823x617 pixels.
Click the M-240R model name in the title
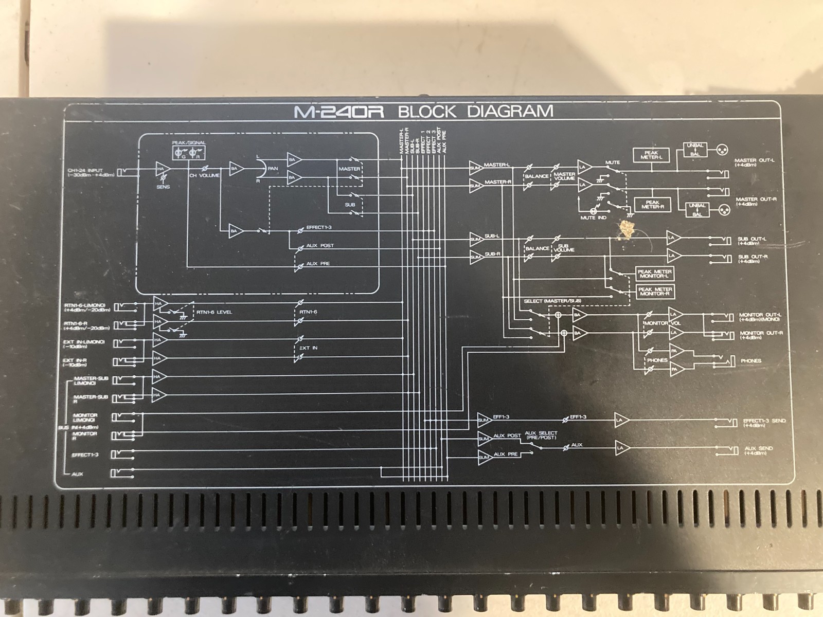pyautogui.click(x=339, y=112)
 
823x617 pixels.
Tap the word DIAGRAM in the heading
pyautogui.click(x=510, y=111)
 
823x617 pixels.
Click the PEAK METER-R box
pyautogui.click(x=652, y=205)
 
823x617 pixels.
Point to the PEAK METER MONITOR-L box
pyautogui.click(x=654, y=274)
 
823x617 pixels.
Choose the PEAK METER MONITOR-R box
pyautogui.click(x=654, y=292)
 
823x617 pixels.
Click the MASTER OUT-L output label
pyautogui.click(x=755, y=162)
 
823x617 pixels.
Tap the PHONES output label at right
pyautogui.click(x=750, y=361)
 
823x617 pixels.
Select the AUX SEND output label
pyautogui.click(x=758, y=450)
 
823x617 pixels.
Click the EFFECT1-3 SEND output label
pyautogui.click(x=764, y=423)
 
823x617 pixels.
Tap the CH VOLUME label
pyautogui.click(x=204, y=176)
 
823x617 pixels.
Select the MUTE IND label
pyautogui.click(x=593, y=218)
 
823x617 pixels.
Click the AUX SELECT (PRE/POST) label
pyautogui.click(x=541, y=435)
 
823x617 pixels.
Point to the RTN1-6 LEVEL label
pyautogui.click(x=214, y=312)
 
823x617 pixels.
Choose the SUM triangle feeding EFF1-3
pyautogui.click(x=484, y=420)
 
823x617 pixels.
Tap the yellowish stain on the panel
pyautogui.click(x=626, y=229)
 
